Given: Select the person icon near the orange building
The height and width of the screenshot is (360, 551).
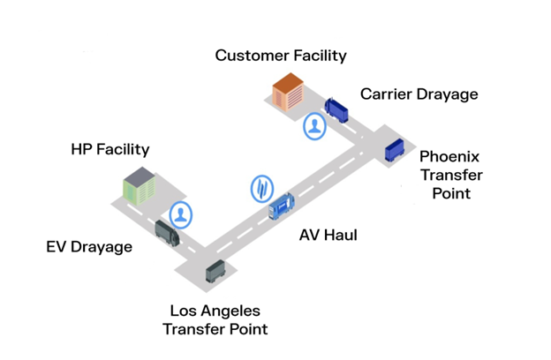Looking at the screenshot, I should click(x=315, y=126).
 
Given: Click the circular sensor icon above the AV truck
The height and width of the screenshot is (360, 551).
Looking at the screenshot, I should click(x=263, y=187).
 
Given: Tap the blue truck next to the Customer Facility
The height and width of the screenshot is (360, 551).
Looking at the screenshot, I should click(x=336, y=109).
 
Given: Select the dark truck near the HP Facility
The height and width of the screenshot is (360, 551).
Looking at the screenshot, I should click(x=168, y=232).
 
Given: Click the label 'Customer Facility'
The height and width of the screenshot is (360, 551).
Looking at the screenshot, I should click(x=281, y=56).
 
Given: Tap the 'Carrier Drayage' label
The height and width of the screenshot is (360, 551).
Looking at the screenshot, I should click(x=419, y=94).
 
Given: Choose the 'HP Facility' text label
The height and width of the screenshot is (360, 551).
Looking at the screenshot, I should click(x=110, y=149).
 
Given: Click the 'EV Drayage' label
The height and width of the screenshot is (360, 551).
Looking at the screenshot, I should click(x=89, y=246).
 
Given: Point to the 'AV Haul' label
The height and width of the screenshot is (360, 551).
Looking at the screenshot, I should click(x=328, y=235).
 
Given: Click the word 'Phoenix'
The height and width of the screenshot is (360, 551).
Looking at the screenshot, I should click(x=449, y=157).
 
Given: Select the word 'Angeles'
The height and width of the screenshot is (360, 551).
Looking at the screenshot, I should click(x=231, y=311).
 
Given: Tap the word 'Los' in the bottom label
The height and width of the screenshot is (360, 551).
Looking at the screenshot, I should click(x=184, y=311).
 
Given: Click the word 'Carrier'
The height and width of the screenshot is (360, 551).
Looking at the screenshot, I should click(x=387, y=94).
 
